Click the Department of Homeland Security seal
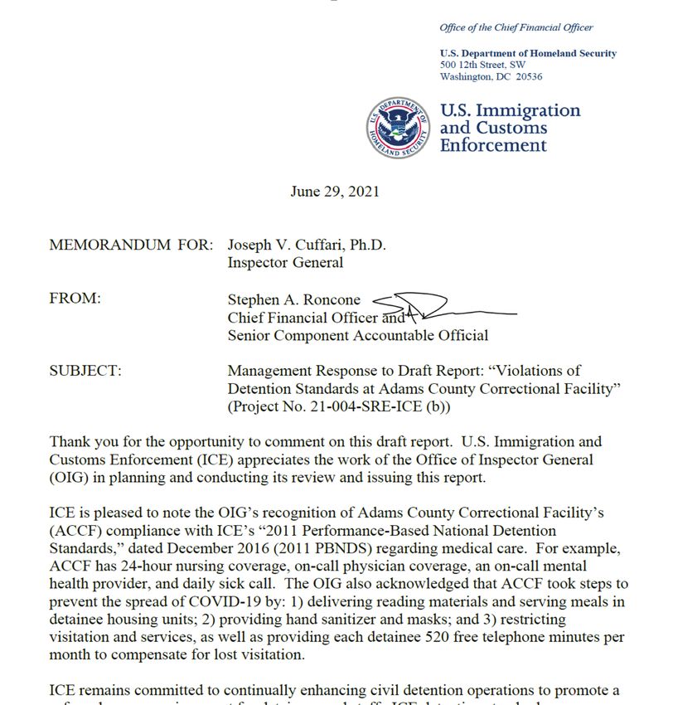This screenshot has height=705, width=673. [x=399, y=129]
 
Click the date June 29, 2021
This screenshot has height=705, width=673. [x=335, y=192]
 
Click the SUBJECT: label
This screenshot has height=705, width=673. [x=85, y=371]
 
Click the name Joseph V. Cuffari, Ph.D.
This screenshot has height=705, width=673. [x=307, y=246]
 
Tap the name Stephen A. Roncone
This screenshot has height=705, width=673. [x=296, y=299]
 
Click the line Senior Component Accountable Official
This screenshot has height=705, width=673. [x=358, y=335]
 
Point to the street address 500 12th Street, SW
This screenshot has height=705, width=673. [x=482, y=65]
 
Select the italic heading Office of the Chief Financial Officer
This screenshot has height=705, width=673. [x=516, y=27]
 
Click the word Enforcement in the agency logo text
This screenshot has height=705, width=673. [x=493, y=146]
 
